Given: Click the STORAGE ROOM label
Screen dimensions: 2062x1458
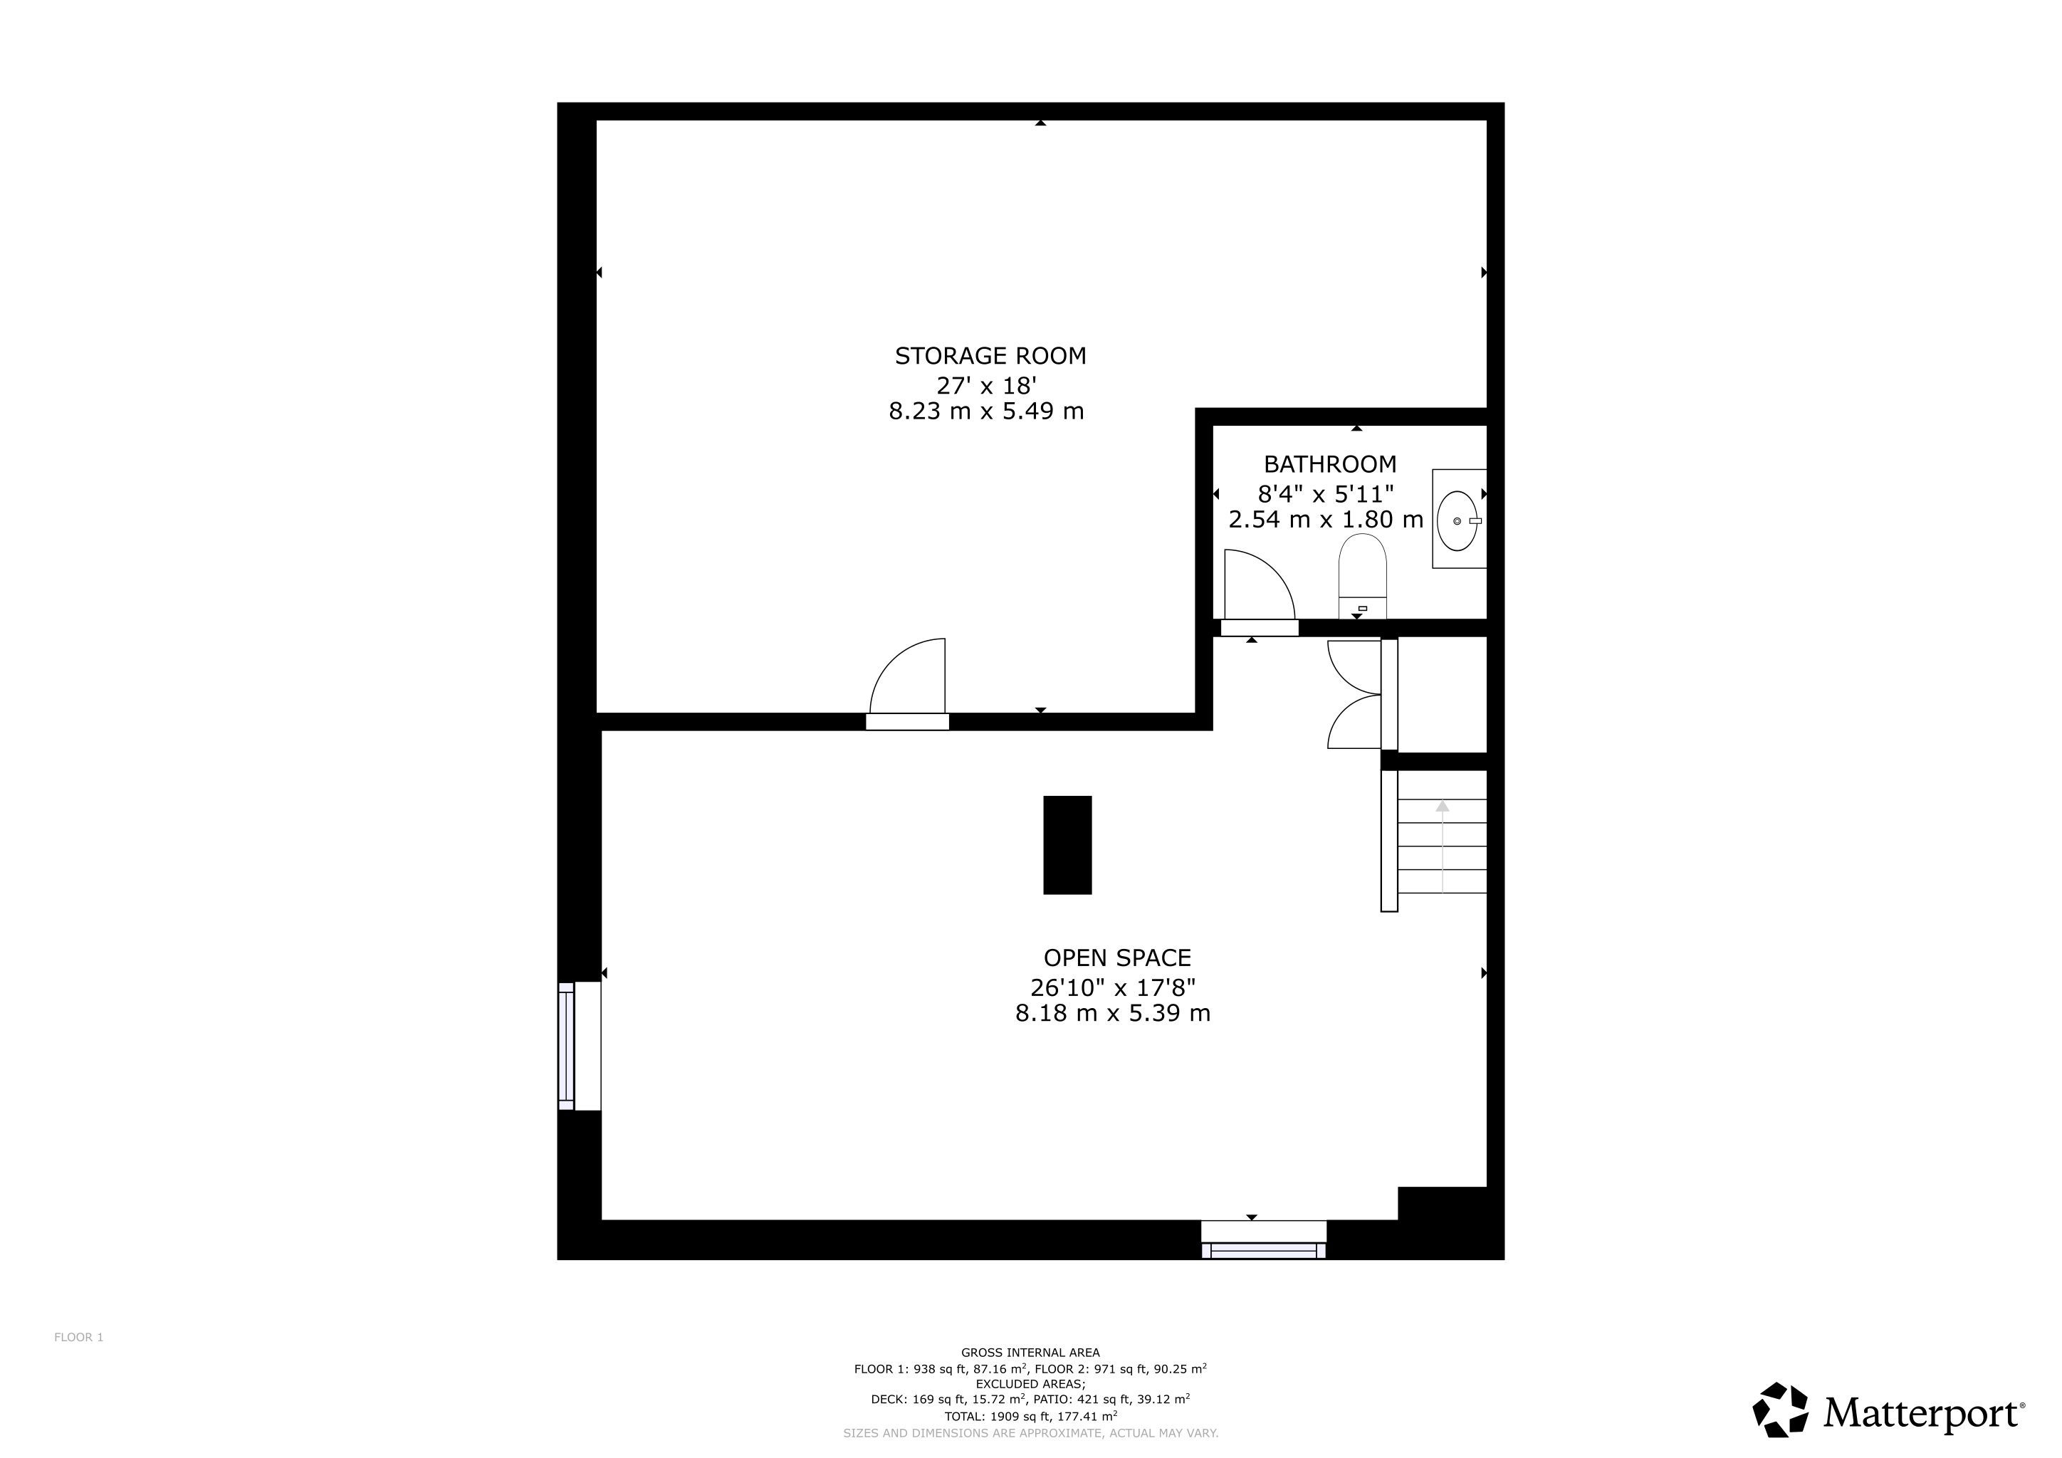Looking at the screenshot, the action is (x=990, y=357).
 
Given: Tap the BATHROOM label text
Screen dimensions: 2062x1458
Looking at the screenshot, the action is (x=1330, y=464).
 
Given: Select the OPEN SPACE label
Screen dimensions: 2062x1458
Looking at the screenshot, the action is (x=1117, y=958).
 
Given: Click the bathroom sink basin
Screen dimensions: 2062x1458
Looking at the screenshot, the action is (x=1457, y=520).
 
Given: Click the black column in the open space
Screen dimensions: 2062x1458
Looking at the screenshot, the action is (x=1067, y=845).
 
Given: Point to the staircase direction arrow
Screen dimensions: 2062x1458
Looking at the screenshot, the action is (x=1443, y=846).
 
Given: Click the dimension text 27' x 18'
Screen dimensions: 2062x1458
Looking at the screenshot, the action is (x=987, y=385).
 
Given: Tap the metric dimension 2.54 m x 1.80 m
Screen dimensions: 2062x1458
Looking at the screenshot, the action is (x=1326, y=520).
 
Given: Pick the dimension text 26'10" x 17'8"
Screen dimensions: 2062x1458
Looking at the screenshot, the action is (x=1113, y=987).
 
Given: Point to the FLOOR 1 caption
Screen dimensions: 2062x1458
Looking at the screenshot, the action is (x=79, y=1337).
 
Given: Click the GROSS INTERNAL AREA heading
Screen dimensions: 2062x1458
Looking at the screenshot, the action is (x=1030, y=1352).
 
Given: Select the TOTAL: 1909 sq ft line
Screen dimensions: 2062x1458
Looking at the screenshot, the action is (x=1030, y=1417).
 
